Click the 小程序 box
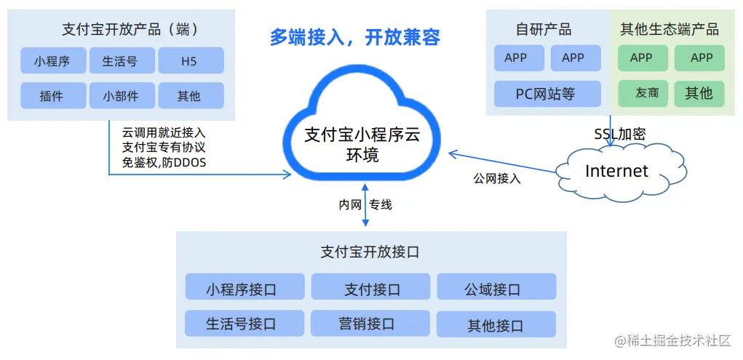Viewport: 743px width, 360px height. pyautogui.click(x=52, y=61)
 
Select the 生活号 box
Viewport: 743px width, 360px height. pyautogui.click(x=120, y=61)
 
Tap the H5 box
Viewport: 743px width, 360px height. pyautogui.click(x=189, y=61)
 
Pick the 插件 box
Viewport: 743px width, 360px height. pyautogui.click(x=52, y=95)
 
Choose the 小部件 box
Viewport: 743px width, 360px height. pyautogui.click(x=120, y=95)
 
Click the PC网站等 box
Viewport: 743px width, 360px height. pyautogui.click(x=546, y=94)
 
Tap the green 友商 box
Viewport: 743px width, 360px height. pyautogui.click(x=641, y=94)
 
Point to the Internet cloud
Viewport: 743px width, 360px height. pyautogui.click(x=616, y=172)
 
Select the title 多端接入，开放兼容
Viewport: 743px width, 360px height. pyautogui.click(x=354, y=37)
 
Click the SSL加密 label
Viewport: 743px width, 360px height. pyautogui.click(x=619, y=134)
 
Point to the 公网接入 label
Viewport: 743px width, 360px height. pyautogui.click(x=497, y=177)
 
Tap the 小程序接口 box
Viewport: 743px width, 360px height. pyautogui.click(x=244, y=289)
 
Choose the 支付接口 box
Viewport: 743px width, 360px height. pyautogui.click(x=371, y=289)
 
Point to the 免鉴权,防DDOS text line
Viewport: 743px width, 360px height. pyautogui.click(x=164, y=162)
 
